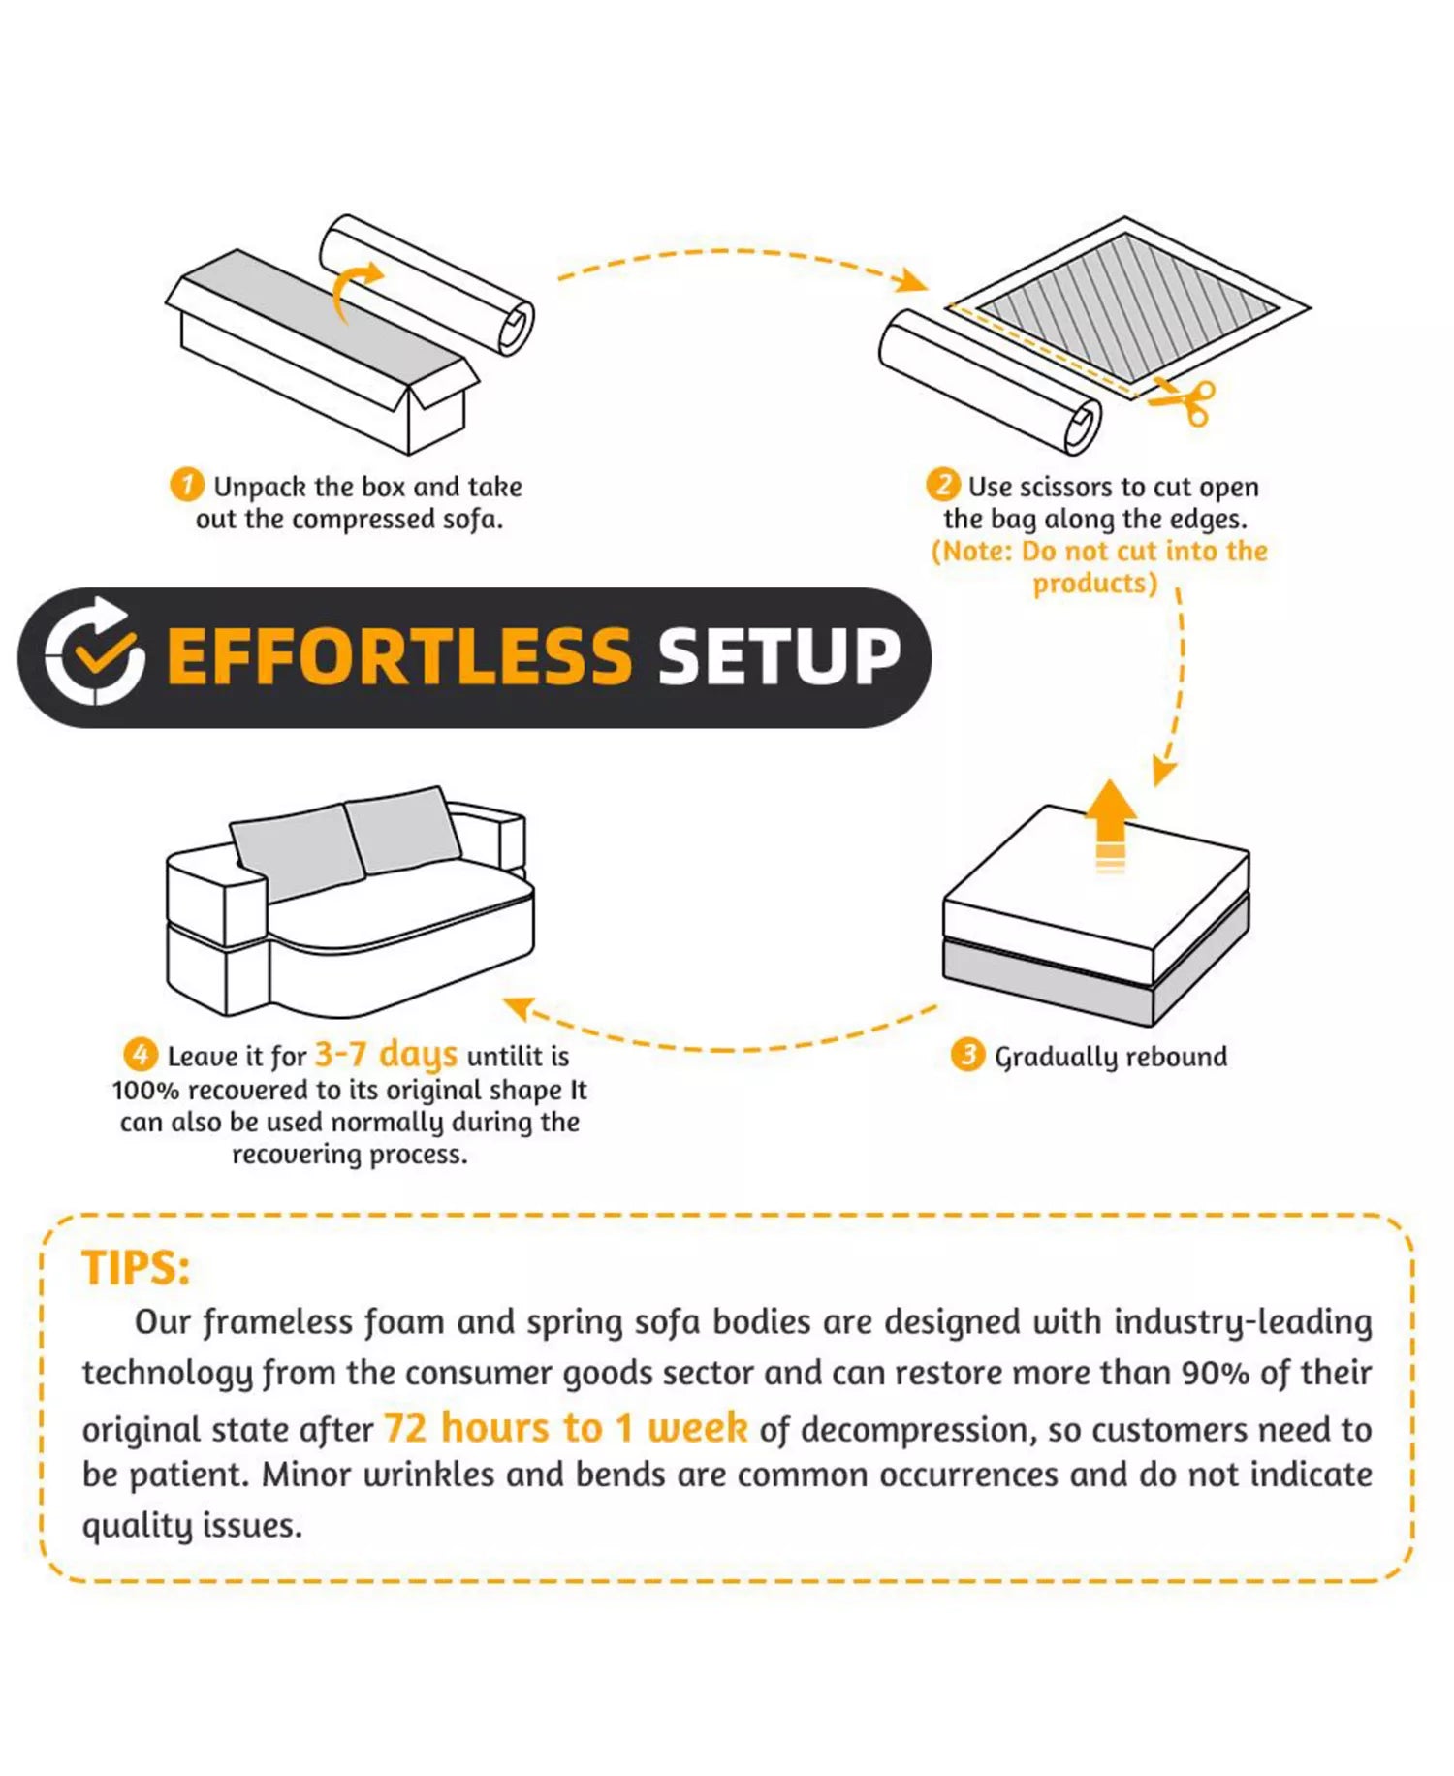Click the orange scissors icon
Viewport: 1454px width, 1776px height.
[1184, 401]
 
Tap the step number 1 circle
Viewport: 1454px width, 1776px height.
[187, 485]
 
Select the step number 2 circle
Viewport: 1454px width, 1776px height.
[943, 485]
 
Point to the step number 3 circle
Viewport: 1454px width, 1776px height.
[967, 1055]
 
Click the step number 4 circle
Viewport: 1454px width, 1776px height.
[141, 1055]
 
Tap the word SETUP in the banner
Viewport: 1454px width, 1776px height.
[779, 656]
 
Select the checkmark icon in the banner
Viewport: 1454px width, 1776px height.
[95, 650]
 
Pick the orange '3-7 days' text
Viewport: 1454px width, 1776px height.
[386, 1054]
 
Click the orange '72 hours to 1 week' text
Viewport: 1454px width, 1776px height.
[566, 1428]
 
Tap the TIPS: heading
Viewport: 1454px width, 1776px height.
[136, 1268]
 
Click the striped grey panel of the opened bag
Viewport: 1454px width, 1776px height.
[1126, 308]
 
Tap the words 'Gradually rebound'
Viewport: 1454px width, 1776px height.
[1111, 1057]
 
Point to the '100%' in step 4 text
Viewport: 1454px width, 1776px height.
[145, 1091]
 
